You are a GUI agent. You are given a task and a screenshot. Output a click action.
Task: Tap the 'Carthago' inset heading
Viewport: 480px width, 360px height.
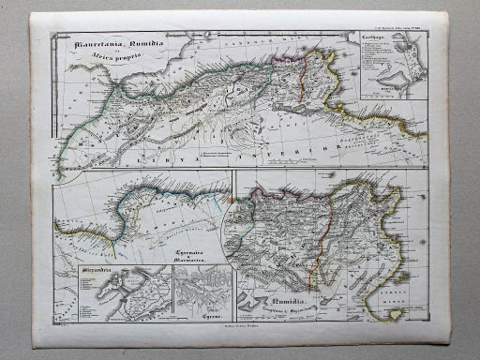(x=374, y=37)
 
